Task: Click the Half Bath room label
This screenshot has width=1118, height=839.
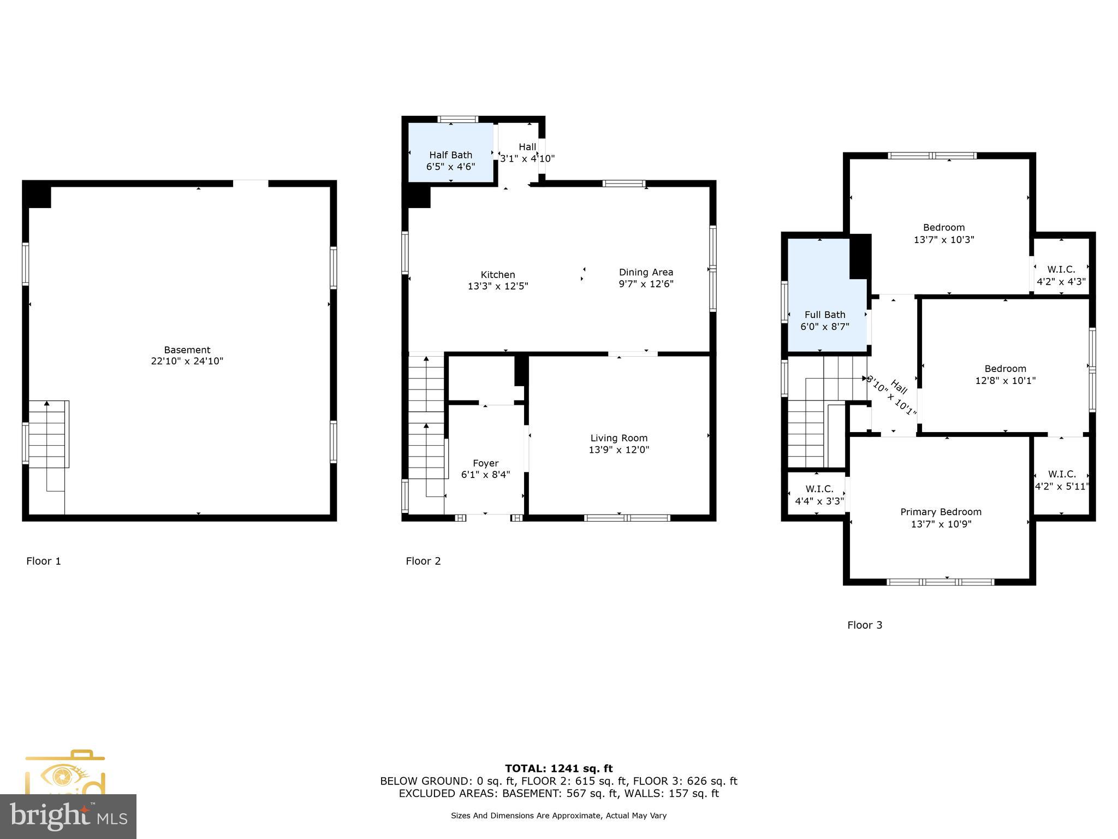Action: coord(450,155)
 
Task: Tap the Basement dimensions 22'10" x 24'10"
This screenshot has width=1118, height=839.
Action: coord(187,362)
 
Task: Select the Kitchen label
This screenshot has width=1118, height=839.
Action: coord(497,275)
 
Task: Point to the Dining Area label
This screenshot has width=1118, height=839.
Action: coord(646,272)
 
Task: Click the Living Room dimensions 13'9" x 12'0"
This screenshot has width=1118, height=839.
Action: coord(619,450)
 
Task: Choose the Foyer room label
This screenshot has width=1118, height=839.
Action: coord(485,463)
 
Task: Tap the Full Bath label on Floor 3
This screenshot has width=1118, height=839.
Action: coord(824,315)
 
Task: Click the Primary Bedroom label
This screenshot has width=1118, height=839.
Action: coord(941,512)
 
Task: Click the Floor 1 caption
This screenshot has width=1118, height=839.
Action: coord(44,561)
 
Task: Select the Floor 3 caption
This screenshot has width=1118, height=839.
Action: coord(864,625)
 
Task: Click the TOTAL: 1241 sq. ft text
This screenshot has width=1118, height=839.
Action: coord(558,769)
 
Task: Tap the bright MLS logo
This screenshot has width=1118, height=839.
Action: coord(68,816)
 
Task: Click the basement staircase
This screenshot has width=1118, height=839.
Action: coord(48,434)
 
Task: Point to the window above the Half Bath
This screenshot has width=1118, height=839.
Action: coord(458,119)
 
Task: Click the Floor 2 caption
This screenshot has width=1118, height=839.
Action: coord(423,561)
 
